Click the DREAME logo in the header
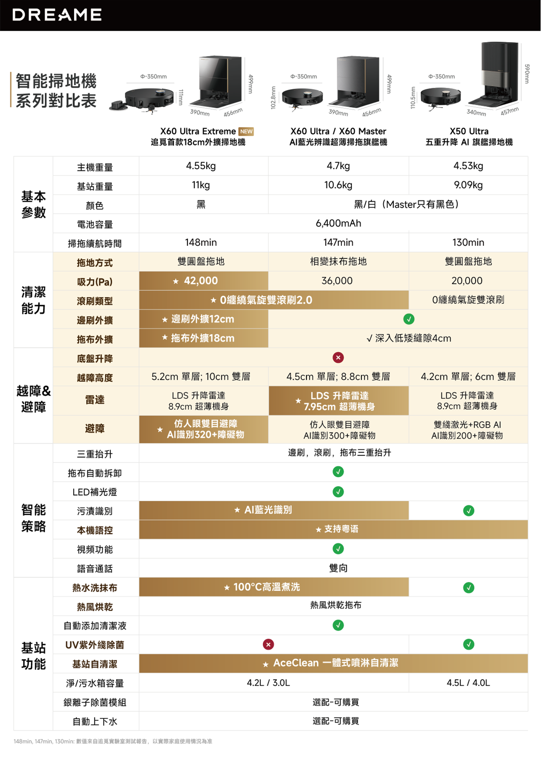coord(57,15)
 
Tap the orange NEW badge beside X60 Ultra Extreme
coord(246,131)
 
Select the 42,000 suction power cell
coord(204,281)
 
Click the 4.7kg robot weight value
coord(338,166)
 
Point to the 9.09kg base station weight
coord(468,185)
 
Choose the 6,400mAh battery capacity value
coord(338,223)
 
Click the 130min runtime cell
coord(468,243)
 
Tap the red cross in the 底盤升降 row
coord(338,357)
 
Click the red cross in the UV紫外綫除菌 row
coord(268,644)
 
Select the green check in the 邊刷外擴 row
coord(409,319)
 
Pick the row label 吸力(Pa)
coord(95,282)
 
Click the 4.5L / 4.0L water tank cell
coord(468,683)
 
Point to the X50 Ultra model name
coord(469,131)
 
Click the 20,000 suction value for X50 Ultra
coord(467,281)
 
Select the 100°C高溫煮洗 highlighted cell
coord(274,587)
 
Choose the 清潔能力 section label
coord(34,300)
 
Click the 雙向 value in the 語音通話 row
coord(338,568)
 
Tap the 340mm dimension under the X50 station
coord(476,113)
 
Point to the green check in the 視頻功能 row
coord(338,549)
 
